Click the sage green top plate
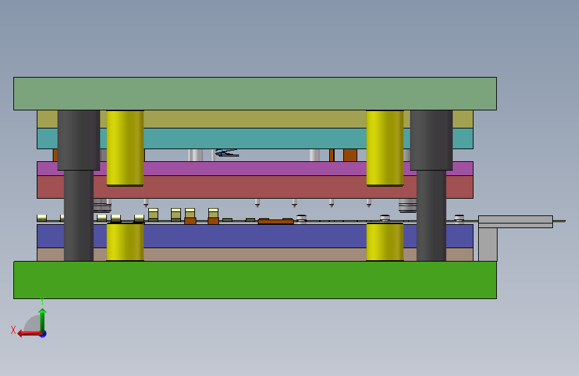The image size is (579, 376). [x=255, y=94]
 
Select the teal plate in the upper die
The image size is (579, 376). [x=255, y=138]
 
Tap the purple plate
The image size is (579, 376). [x=255, y=169]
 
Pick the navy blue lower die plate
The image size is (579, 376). [x=255, y=236]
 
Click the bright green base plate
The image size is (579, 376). [x=255, y=280]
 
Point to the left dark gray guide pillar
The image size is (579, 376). [x=79, y=185]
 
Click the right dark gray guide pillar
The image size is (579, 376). [x=431, y=185]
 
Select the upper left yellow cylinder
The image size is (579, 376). [x=125, y=148]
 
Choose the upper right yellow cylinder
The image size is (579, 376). [x=385, y=148]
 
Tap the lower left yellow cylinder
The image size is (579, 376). [x=125, y=242]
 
